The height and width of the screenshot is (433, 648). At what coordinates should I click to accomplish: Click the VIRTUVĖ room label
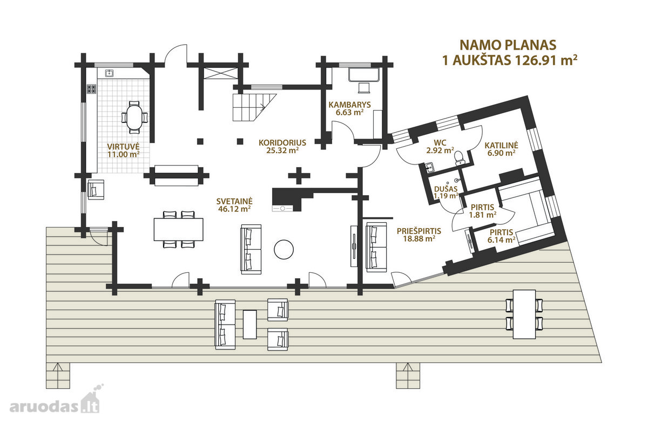click(124, 146)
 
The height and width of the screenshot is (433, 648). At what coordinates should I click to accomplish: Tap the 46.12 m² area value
click(234, 209)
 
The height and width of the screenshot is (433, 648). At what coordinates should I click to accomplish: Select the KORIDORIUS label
click(282, 143)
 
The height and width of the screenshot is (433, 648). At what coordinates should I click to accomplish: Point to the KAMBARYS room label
click(349, 105)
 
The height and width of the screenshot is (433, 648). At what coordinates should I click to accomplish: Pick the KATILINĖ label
click(501, 145)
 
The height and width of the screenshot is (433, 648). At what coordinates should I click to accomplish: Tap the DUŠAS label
click(446, 189)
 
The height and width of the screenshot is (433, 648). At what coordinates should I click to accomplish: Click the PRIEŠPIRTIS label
click(419, 231)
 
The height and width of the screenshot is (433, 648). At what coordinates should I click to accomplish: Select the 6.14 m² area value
click(501, 240)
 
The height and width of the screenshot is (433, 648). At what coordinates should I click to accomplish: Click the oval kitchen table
click(134, 118)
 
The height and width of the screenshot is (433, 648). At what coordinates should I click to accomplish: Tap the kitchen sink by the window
click(109, 73)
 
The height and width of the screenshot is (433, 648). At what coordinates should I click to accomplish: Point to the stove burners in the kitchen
click(91, 88)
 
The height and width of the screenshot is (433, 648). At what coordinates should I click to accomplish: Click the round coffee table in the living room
click(284, 249)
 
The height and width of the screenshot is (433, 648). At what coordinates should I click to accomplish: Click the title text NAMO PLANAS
click(508, 45)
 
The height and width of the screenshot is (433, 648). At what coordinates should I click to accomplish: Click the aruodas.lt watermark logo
click(55, 401)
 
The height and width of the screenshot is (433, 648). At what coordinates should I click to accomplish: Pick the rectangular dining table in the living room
click(179, 229)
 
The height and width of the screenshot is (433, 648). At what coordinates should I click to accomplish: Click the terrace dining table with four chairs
click(524, 314)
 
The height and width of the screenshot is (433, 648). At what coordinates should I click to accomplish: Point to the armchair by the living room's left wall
click(96, 189)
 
